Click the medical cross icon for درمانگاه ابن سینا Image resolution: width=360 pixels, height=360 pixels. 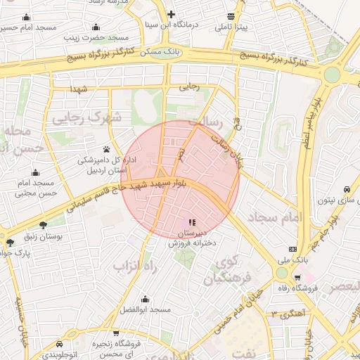171,14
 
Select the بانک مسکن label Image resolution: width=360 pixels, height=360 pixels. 161,52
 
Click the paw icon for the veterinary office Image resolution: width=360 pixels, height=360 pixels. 106,149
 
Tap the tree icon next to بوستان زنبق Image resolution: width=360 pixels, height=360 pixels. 44,226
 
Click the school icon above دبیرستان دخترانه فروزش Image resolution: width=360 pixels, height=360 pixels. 193,222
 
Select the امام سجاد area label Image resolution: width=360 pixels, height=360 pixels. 274,217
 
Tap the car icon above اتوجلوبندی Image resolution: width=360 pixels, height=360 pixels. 58,345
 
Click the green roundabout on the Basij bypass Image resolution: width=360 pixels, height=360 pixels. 332,74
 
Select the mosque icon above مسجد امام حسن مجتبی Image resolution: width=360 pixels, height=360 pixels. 35,172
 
